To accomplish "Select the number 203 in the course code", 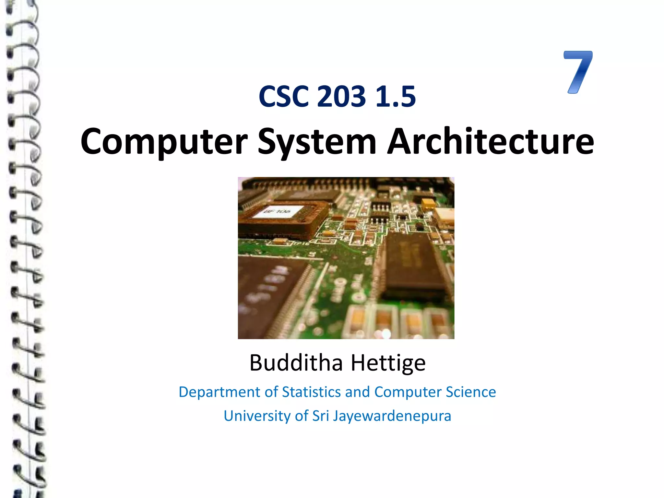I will (x=341, y=97).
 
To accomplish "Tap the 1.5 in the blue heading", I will (x=395, y=97).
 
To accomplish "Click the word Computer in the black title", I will (x=164, y=142).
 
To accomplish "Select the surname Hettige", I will (x=388, y=363).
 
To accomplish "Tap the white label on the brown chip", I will (x=278, y=212).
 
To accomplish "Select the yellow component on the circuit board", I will (x=428, y=204).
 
